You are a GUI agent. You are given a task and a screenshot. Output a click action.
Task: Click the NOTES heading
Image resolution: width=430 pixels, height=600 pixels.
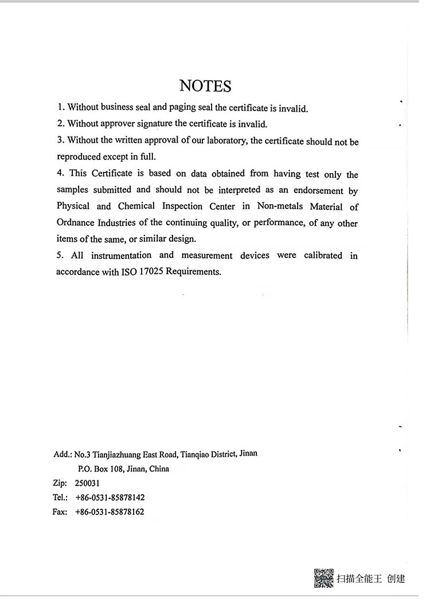205,86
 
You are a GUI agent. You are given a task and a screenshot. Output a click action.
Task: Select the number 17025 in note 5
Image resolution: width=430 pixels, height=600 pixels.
151,272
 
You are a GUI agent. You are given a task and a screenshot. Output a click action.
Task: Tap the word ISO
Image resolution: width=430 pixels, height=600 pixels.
128,272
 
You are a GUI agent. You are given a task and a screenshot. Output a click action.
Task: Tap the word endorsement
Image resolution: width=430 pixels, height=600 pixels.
316,190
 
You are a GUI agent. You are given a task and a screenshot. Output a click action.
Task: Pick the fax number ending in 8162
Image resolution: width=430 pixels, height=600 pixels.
110,512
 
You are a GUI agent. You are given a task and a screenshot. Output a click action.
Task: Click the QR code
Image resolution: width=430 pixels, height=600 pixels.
323,578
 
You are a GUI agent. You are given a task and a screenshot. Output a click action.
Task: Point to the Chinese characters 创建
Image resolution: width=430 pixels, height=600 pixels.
396,579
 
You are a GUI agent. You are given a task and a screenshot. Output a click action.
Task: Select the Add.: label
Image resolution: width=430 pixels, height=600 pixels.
62,454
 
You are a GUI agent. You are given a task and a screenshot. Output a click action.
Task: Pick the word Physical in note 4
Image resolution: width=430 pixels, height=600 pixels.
73,206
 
